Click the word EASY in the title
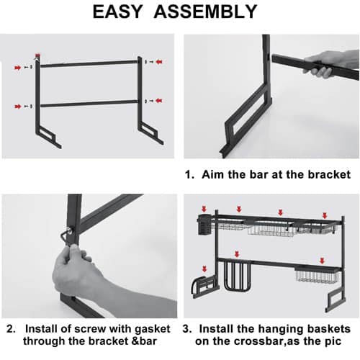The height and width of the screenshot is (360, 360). point(117,12)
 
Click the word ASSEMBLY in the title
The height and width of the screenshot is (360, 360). point(205,12)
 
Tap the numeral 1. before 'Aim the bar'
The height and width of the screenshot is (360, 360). point(189,174)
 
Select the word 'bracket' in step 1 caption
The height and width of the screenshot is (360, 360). point(329,174)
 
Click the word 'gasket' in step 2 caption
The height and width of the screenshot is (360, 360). point(153,329)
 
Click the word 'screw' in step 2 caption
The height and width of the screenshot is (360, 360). point(90,329)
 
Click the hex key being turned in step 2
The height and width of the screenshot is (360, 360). point(64,237)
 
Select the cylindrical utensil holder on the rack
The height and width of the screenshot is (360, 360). point(204,225)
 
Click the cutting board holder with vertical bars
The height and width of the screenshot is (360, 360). point(237,276)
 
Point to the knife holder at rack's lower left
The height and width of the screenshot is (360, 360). point(204,287)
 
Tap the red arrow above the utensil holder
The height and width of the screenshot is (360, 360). point(204,209)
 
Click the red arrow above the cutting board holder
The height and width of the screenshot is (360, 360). point(237,255)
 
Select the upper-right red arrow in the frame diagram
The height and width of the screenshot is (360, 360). point(159,62)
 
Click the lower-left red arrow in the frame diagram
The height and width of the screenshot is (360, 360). point(18,107)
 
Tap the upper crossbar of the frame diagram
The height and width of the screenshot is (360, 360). point(89,63)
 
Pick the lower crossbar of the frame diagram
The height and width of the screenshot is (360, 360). point(89,104)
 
